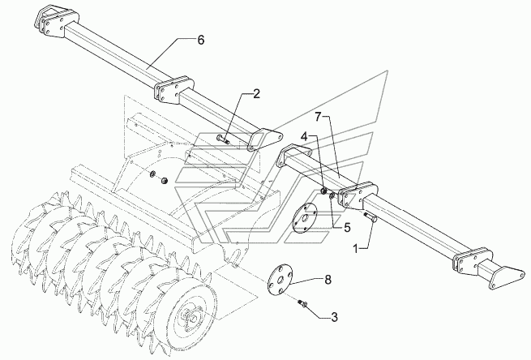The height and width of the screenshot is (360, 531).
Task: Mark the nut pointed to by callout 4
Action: click(x=323, y=191)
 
